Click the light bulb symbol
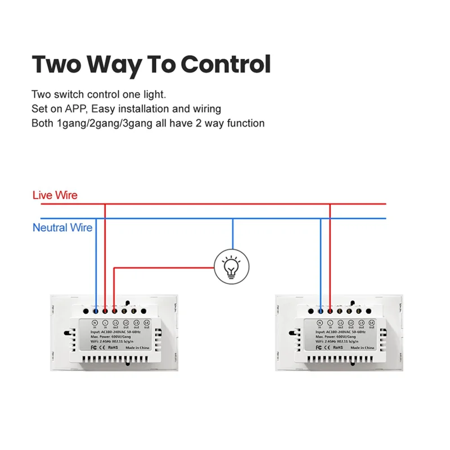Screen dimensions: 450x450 (231, 267)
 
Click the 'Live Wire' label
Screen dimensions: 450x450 (55, 196)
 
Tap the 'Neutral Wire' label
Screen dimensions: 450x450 (62, 228)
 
